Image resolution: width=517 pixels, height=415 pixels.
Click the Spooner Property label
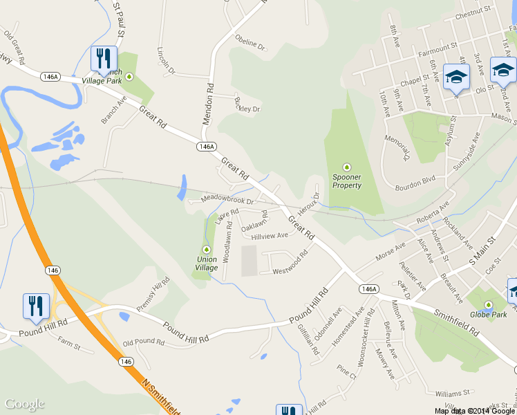pyautogui.click(x=347, y=181)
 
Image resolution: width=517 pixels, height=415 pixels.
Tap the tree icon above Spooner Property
pyautogui.click(x=347, y=167)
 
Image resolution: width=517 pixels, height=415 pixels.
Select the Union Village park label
pyautogui.click(x=206, y=264)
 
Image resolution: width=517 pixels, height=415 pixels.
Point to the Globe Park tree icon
pyautogui.click(x=488, y=305)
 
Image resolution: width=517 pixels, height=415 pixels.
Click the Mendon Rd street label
pyautogui.click(x=208, y=104)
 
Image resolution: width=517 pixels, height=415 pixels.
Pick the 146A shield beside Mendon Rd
pyautogui.click(x=206, y=147)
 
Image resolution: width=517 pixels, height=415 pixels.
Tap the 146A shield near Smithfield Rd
pyautogui.click(x=368, y=288)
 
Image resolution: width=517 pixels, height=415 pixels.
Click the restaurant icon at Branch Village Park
pyautogui.click(x=104, y=58)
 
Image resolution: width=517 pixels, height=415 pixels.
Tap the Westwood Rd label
pyautogui.click(x=290, y=264)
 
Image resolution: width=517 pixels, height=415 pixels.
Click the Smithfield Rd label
pyautogui.click(x=456, y=322)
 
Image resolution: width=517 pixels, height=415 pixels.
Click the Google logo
pyautogui.click(x=24, y=404)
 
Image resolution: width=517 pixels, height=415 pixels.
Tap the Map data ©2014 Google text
pyautogui.click(x=476, y=411)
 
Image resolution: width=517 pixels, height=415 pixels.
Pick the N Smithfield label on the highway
pyautogui.click(x=162, y=395)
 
